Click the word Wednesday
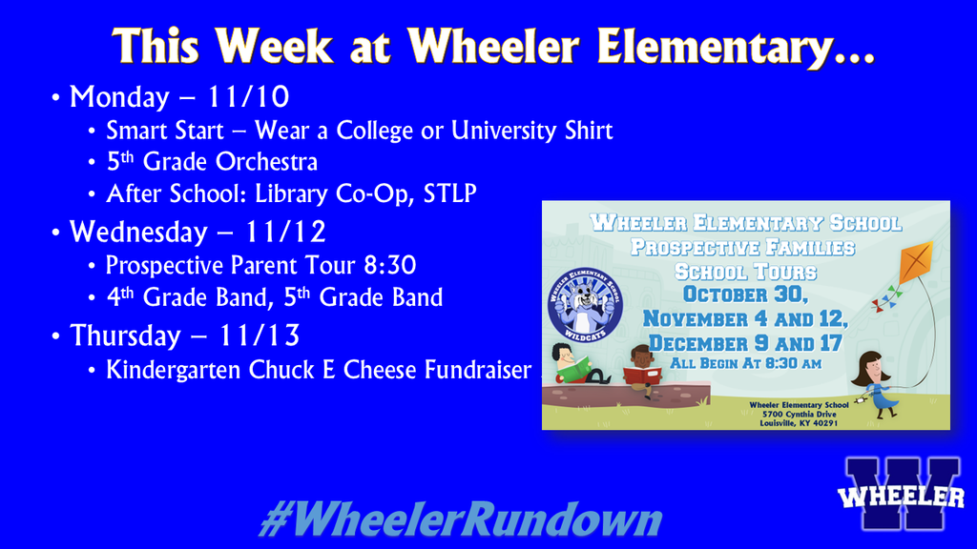point(137,233)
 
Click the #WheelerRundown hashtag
point(461,521)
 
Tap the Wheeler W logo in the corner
point(901,494)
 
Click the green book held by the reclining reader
point(572,372)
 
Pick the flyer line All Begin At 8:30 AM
point(745,364)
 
